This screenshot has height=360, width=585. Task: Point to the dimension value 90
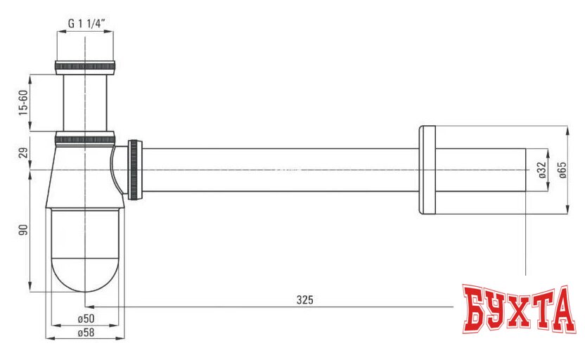[x=22, y=230]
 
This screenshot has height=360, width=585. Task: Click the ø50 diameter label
[x=86, y=319]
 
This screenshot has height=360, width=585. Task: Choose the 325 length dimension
[x=304, y=300]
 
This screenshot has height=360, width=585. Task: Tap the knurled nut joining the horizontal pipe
[x=134, y=169]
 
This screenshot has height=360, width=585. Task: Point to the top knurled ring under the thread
[x=85, y=67]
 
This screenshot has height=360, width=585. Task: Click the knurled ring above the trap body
[x=85, y=136]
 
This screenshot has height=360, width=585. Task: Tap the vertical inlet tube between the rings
[x=85, y=102]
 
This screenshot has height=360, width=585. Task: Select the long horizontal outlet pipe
[x=281, y=169]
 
